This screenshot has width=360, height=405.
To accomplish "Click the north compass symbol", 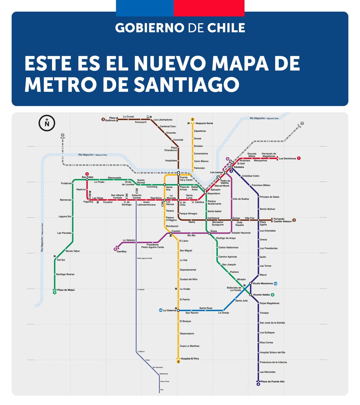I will point(47,123).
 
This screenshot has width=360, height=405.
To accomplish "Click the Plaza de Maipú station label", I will point(66,290).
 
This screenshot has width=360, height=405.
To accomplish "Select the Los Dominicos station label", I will point(287,159).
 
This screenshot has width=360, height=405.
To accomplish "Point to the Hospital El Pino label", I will point(190,359).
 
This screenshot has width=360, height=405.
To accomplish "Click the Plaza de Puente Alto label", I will point(273,382).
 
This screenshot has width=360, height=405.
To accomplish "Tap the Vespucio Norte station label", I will point(204,124).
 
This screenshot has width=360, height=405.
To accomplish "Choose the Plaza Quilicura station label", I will point(112,119).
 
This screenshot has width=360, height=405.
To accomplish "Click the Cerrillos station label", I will point(121,252).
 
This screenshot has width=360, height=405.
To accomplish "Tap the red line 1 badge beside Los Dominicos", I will point(299,158).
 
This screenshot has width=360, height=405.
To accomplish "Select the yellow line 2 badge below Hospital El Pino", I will point(178,362).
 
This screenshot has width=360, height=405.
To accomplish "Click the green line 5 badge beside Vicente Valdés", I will point(272,295).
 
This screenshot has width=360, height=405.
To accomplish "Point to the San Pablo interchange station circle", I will point(87,180).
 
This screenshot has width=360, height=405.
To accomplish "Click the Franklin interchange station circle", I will point(171,233).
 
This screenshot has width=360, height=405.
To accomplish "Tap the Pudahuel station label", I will point(66,183).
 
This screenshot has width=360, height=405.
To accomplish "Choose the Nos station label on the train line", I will point(162,390).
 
